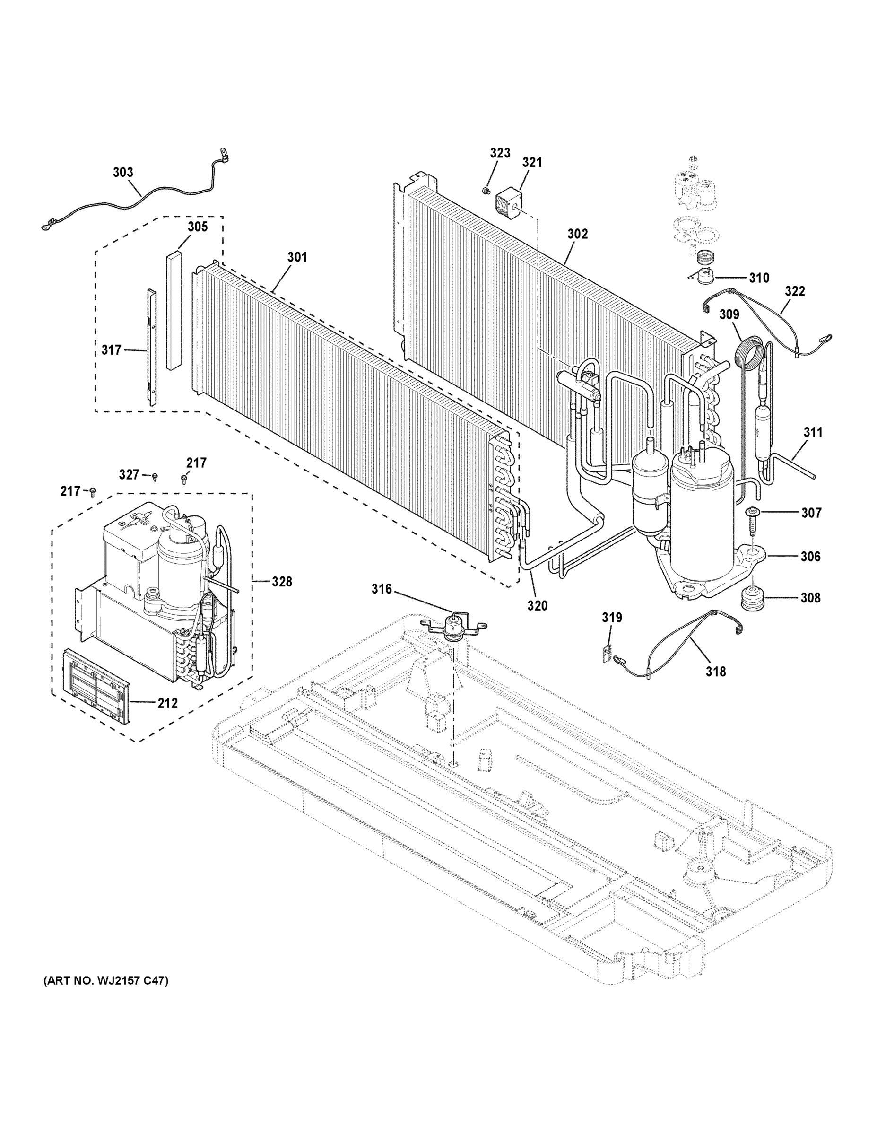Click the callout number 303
(123, 172)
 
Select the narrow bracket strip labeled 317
(151, 347)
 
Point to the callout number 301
(297, 257)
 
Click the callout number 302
(577, 234)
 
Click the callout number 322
(794, 291)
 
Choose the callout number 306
(810, 556)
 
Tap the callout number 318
(715, 672)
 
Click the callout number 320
(537, 605)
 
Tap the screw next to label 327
(155, 476)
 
